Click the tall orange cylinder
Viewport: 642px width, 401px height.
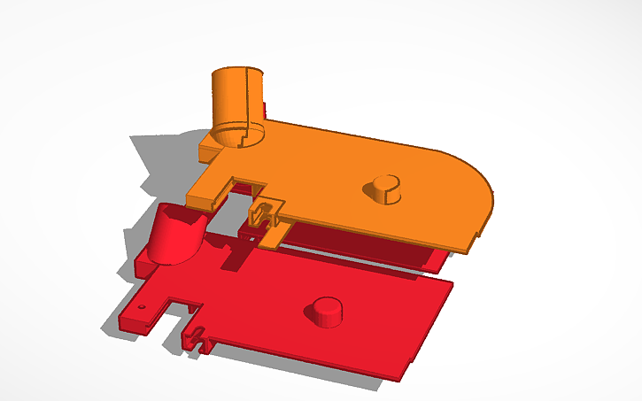coord(237,102)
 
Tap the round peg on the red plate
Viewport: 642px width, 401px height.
coord(326,312)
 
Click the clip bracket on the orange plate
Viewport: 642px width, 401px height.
coord(266,212)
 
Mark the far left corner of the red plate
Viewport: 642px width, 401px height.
coord(124,320)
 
